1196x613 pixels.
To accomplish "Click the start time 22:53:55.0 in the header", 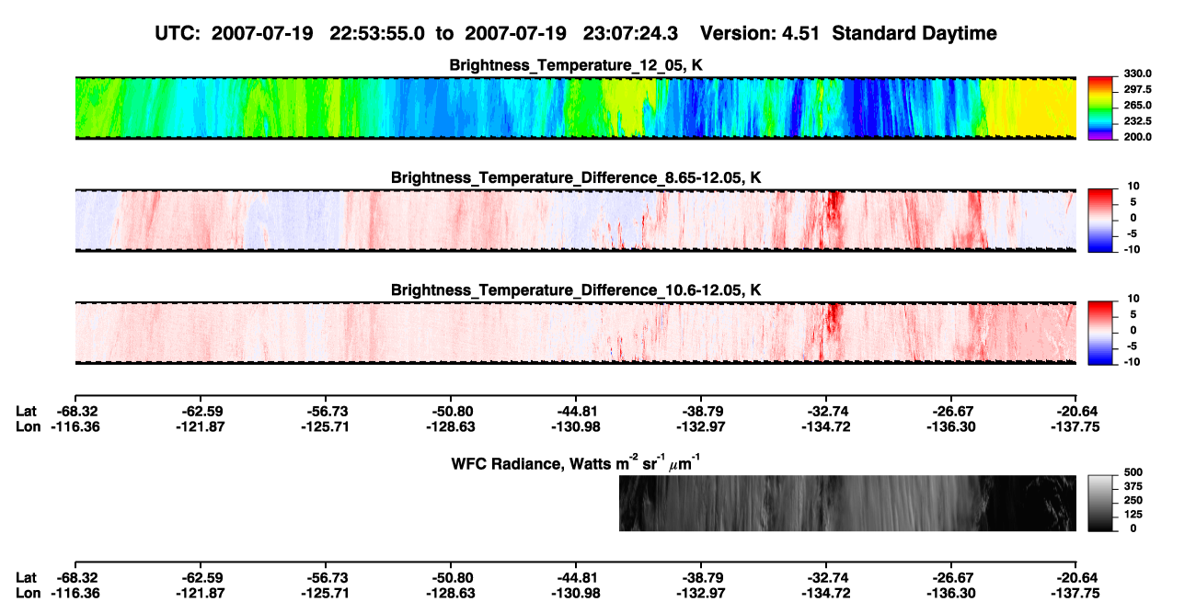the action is click(376, 34).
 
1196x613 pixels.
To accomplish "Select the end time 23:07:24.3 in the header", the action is click(630, 34).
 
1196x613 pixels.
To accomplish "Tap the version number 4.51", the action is click(800, 34).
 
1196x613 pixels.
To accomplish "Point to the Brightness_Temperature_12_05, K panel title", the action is click(576, 65).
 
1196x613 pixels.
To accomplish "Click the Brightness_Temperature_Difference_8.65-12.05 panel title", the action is click(576, 177).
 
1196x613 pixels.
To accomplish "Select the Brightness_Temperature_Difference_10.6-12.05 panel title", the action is click(576, 290).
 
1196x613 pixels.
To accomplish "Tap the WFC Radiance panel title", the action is click(576, 463).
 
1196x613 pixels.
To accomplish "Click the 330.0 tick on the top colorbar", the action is click(1137, 74).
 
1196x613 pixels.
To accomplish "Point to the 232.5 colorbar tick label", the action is click(1137, 121).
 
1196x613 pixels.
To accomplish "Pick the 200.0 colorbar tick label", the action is click(1137, 137).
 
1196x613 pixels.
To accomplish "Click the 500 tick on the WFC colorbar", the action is click(1133, 472).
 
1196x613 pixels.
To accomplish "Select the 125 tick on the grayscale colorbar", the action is click(1133, 515).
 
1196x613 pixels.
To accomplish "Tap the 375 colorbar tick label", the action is click(1133, 486).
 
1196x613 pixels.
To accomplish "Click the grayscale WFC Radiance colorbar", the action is click(1100, 503).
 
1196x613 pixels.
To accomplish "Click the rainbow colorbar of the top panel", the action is click(1100, 108).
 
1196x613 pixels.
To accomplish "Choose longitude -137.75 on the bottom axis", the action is click(1075, 594).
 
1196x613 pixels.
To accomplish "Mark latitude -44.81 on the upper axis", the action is click(576, 412).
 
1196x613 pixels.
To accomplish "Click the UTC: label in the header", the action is click(178, 34).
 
